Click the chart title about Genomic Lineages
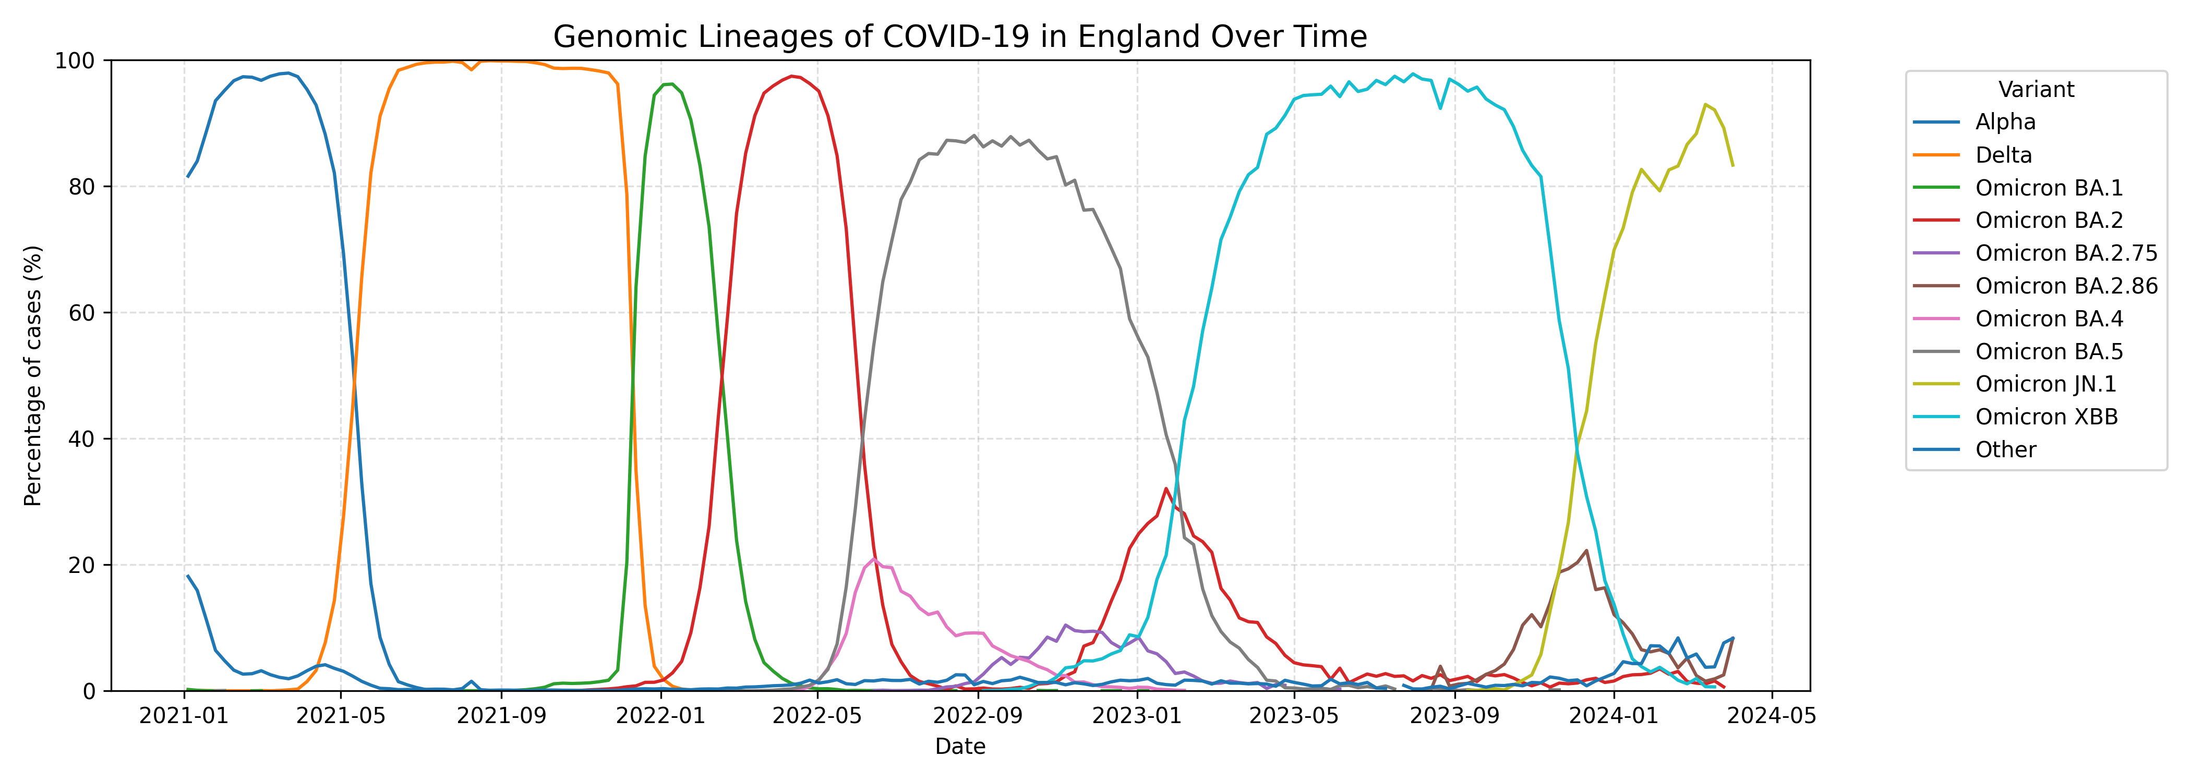[x=959, y=36]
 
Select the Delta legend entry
[x=2003, y=155]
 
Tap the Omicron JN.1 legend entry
[x=2045, y=384]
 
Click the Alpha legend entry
[x=2005, y=121]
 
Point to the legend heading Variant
[x=2036, y=89]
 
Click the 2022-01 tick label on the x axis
[x=660, y=716]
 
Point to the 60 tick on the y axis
[x=82, y=313]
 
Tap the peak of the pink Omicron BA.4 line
[x=873, y=558]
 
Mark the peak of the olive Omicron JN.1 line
[x=1705, y=105]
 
